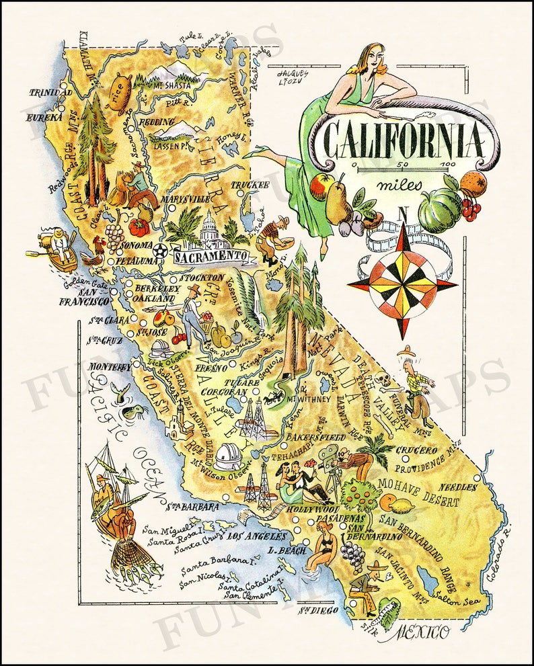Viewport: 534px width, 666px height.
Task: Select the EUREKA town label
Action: tap(44, 118)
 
